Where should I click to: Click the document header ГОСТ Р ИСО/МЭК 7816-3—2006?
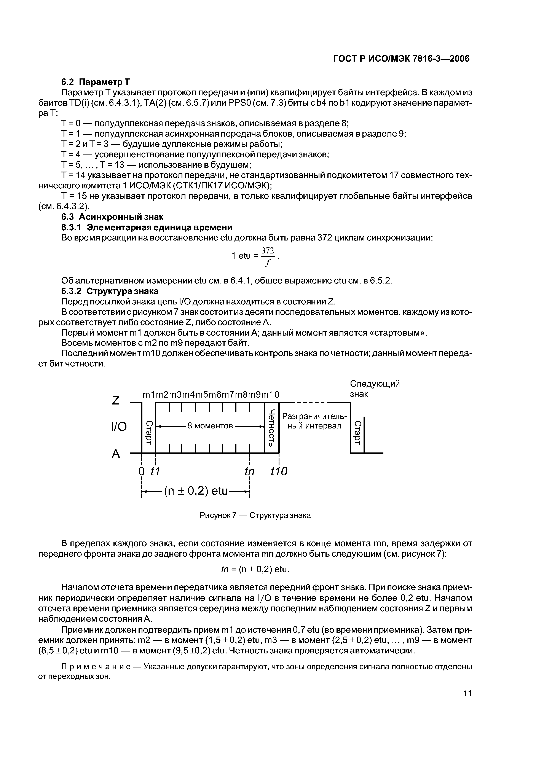pos(401,59)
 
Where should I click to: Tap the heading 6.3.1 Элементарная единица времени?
pos(147,228)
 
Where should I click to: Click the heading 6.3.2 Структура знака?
pos(110,291)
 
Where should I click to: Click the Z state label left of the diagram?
pos(116,400)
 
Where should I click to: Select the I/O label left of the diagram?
pos(119,427)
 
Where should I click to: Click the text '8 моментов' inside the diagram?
pos(210,426)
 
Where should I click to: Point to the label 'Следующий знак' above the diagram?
pos(375,389)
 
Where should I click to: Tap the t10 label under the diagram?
pos(279,472)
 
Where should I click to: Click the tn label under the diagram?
pos(250,472)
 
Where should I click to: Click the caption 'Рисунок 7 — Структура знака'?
pos(255,515)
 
